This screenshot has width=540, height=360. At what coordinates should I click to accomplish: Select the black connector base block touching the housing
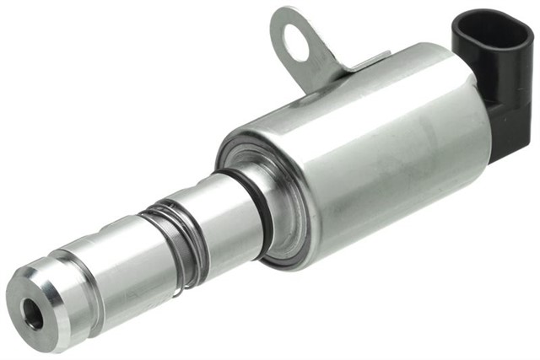click(x=506, y=135)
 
